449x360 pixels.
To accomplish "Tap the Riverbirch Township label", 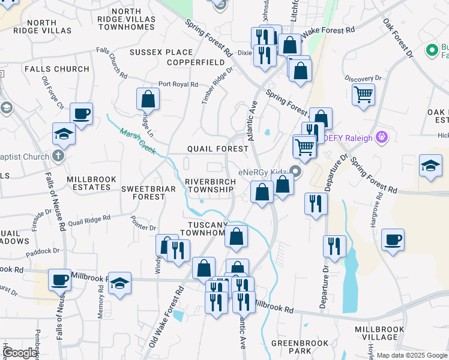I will [x=209, y=185].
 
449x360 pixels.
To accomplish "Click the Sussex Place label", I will [x=153, y=52].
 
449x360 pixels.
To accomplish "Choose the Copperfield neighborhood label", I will [x=191, y=62].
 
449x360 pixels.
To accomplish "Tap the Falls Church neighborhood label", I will [x=57, y=69].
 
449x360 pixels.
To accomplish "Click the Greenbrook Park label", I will [x=300, y=347].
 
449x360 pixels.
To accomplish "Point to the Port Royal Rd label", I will [x=178, y=85].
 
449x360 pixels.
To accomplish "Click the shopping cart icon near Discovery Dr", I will [x=363, y=94].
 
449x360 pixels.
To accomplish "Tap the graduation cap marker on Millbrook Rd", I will [x=119, y=283].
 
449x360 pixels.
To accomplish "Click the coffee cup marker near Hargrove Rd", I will [x=393, y=240].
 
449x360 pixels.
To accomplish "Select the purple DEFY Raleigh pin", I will [x=381, y=137].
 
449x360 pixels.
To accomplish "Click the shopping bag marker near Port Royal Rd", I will [x=148, y=99].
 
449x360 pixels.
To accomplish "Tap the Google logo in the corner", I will [x=20, y=353].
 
